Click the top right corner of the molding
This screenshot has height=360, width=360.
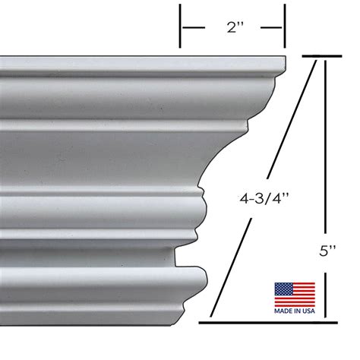tap(284, 59)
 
